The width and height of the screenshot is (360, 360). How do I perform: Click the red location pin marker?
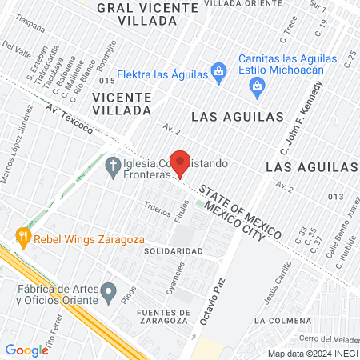(181, 162)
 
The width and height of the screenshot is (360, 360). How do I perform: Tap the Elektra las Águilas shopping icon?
(218, 73)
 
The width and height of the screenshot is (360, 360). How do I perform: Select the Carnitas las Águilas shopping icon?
(257, 92)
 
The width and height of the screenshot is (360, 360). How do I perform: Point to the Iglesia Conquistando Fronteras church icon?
(112, 166)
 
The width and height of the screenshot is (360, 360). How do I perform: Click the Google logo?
(26, 350)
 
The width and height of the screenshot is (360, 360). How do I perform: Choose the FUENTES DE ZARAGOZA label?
(163, 317)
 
